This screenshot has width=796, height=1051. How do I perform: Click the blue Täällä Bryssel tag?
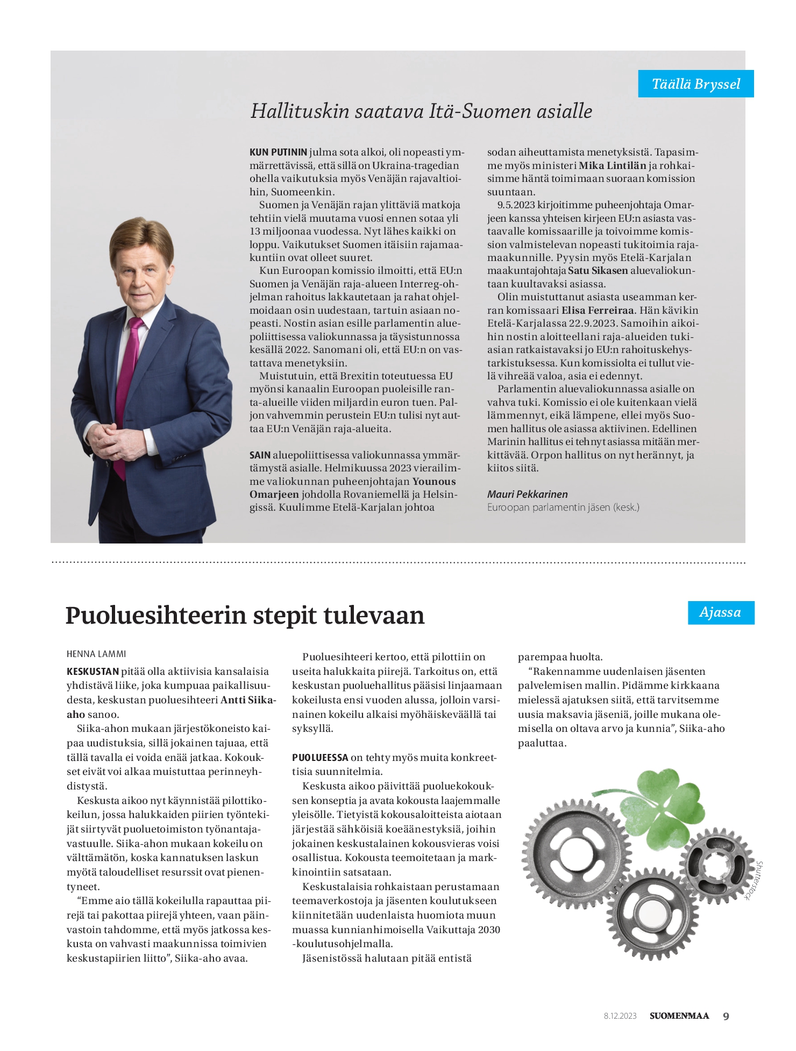(x=695, y=84)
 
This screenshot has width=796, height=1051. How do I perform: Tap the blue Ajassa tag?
(x=720, y=612)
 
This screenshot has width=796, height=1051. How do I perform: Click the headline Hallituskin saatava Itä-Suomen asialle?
(x=421, y=111)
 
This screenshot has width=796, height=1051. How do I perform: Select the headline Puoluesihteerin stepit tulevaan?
(x=245, y=615)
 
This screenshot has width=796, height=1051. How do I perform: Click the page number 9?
(x=726, y=1016)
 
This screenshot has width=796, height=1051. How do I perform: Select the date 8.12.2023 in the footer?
(x=620, y=1016)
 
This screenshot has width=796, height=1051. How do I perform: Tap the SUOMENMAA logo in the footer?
(x=679, y=1016)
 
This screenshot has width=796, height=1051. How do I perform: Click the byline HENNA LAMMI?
(x=96, y=654)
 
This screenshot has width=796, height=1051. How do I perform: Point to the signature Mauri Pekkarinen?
(x=527, y=494)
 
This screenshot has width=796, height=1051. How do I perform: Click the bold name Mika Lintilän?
(x=612, y=166)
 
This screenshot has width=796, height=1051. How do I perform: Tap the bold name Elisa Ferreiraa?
(x=598, y=311)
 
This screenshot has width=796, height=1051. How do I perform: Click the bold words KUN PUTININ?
(x=278, y=152)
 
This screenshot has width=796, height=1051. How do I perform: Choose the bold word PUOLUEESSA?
(x=320, y=757)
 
